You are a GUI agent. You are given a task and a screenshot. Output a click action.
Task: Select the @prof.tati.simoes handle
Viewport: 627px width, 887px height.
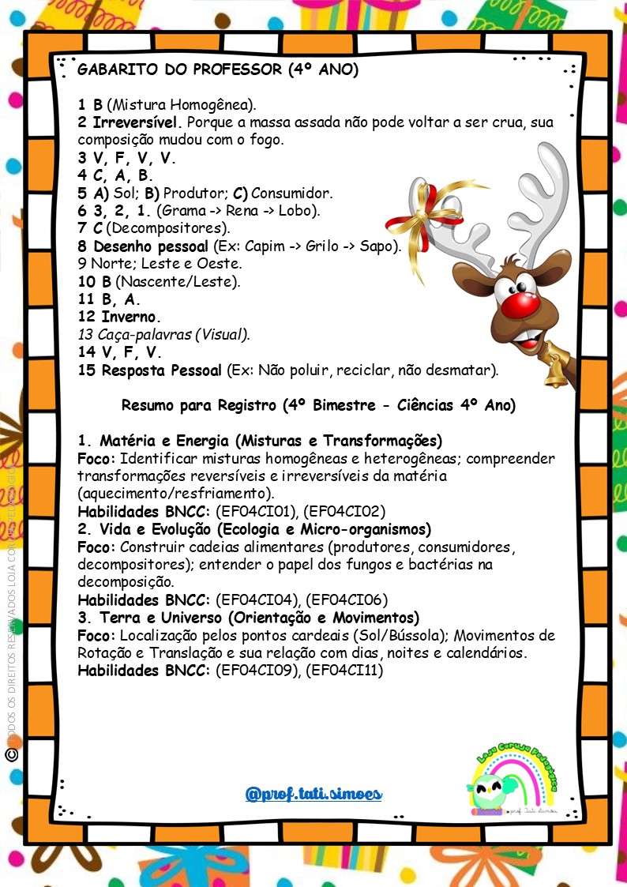point(313,793)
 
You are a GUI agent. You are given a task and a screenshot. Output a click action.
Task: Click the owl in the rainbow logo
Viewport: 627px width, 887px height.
point(487,791)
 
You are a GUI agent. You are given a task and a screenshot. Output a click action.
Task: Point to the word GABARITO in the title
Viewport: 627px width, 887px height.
point(118,70)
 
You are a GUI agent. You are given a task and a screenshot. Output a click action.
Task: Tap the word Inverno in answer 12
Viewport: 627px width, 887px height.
point(130,317)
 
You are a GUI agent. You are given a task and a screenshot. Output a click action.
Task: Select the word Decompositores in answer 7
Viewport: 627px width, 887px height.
point(166,228)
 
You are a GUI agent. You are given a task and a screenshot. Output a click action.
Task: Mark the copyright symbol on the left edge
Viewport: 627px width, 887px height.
point(11,755)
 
